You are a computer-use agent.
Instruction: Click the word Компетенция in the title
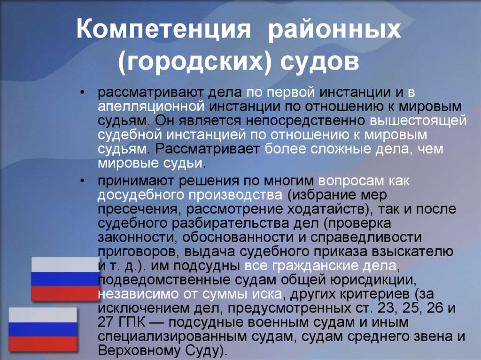coord(163,29)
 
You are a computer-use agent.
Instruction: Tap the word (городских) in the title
coord(195,61)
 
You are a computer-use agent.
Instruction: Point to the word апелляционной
coord(151,106)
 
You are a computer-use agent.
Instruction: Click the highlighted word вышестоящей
coord(418,120)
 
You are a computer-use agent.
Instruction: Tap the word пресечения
coord(140,209)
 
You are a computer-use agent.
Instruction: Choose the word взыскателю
coord(412,252)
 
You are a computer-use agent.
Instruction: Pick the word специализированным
coord(172,337)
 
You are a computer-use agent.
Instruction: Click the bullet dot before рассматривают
coord(82,92)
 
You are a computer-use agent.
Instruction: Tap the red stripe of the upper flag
coord(66,293)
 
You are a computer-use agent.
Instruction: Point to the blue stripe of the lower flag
coord(43,329)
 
